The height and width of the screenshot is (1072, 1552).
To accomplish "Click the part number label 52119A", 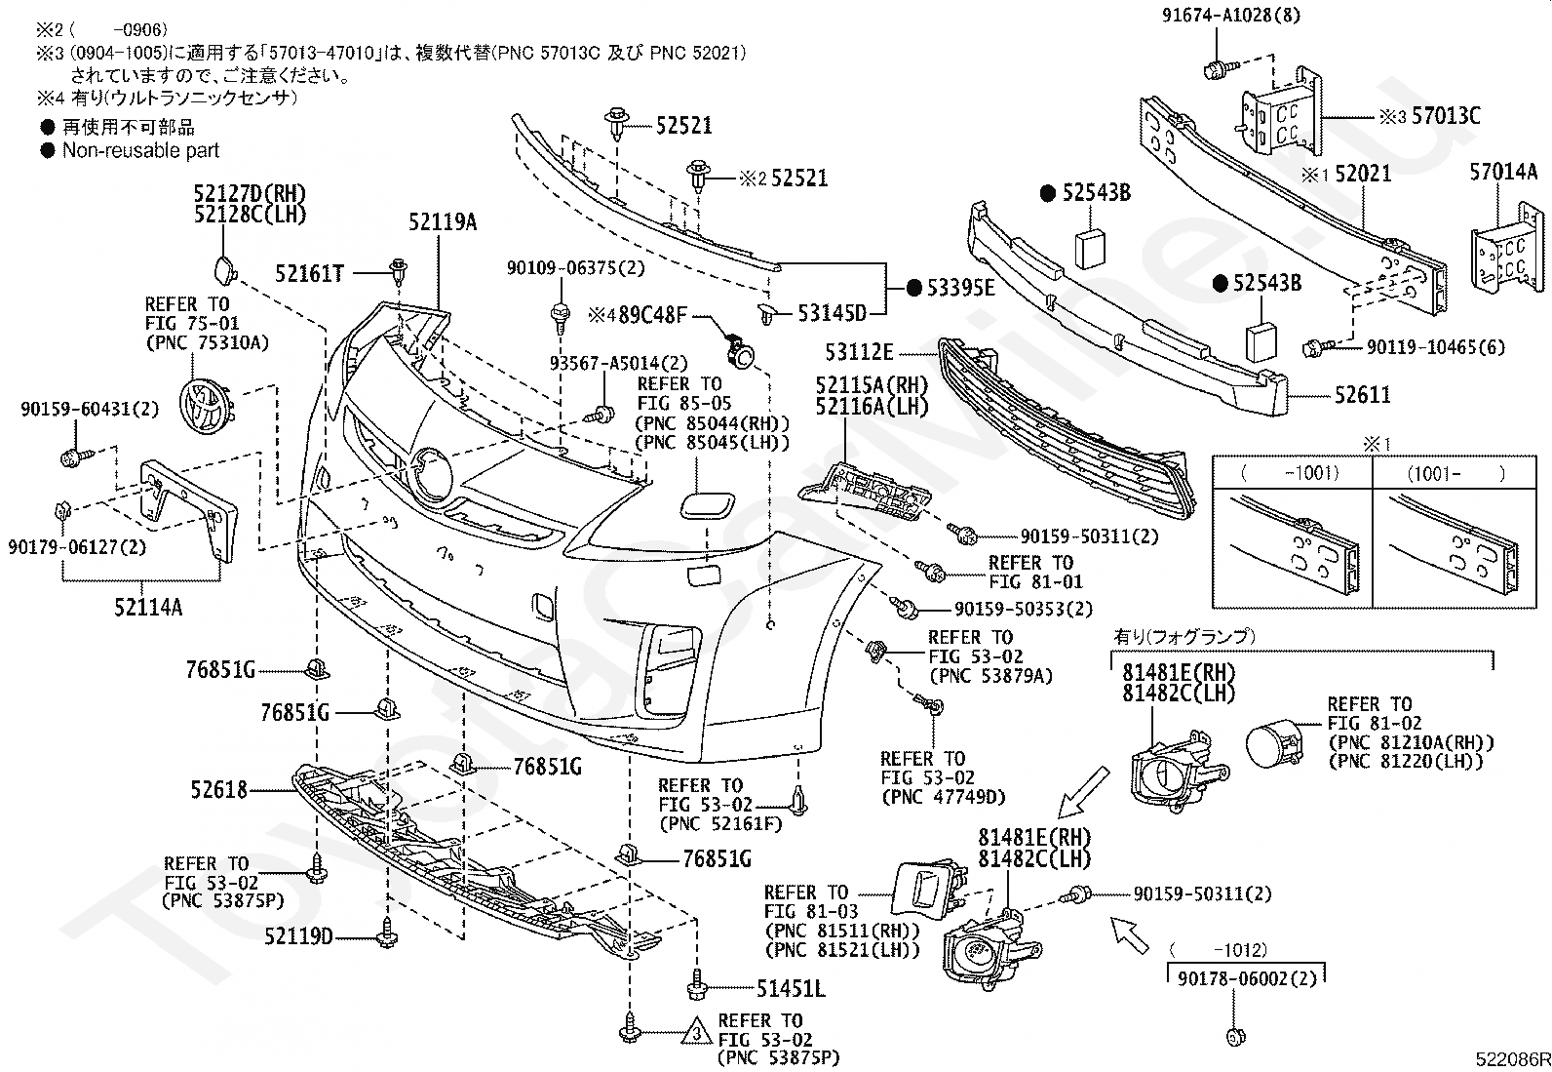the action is [442, 222].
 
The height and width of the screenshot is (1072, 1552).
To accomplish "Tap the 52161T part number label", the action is [309, 274].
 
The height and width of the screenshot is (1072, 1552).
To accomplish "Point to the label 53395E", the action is [960, 288].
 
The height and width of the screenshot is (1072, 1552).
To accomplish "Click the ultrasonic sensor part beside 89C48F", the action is [739, 350].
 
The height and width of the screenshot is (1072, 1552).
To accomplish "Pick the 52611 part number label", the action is [1362, 394].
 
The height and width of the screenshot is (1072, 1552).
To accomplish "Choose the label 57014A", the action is [1503, 172].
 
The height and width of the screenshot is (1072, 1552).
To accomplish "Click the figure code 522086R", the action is [1512, 1059].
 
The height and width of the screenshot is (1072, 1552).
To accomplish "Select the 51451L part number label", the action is [791, 989].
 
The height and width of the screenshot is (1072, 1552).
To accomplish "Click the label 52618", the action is [219, 790].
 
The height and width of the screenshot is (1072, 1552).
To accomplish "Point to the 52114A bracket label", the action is [148, 608].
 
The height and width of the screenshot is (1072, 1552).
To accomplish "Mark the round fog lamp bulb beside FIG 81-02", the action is [1275, 744].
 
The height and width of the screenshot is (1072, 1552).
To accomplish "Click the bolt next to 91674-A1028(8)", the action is [1219, 68].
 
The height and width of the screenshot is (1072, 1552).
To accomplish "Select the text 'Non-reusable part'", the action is [140, 150].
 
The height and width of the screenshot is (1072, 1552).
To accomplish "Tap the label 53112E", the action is [859, 352].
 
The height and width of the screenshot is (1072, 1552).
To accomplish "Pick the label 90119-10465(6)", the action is [1436, 346].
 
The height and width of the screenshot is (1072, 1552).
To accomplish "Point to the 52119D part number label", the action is [298, 936].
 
